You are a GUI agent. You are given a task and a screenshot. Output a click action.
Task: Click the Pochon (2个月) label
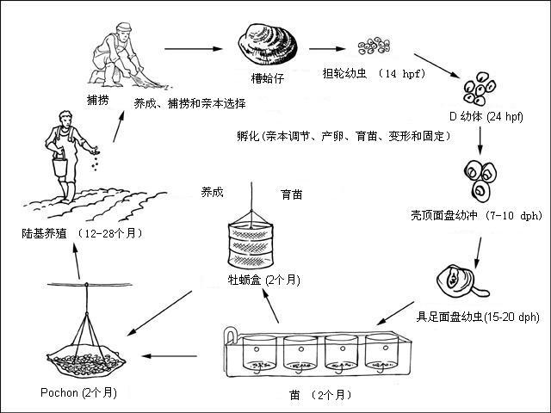pos(80,392)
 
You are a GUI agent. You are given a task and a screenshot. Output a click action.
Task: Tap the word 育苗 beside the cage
pos(291,194)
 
